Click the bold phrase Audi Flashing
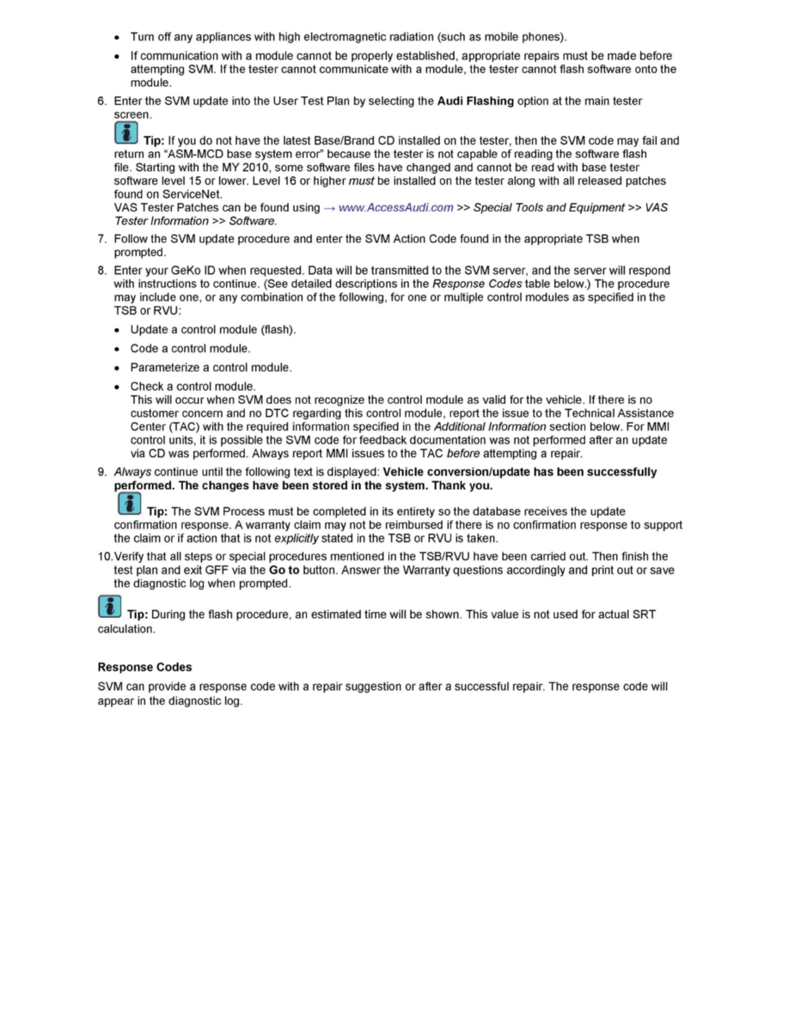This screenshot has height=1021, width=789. (x=475, y=101)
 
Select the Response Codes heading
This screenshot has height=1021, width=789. (x=144, y=667)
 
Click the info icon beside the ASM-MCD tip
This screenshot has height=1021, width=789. (x=125, y=133)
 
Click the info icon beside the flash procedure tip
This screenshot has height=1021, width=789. (x=109, y=608)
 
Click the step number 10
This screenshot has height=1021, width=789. (x=104, y=557)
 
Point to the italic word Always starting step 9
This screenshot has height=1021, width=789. (x=132, y=472)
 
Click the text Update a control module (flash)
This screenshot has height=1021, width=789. (x=213, y=330)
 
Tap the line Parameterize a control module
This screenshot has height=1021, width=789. (x=211, y=368)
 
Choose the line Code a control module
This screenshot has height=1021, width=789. (x=190, y=349)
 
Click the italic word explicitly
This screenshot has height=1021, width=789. (x=296, y=539)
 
